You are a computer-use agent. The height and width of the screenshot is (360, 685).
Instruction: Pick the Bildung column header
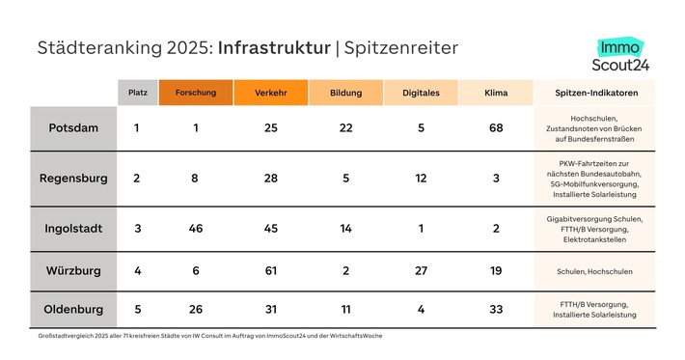(x=344, y=93)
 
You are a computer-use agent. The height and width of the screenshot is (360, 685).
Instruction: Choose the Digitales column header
(x=420, y=93)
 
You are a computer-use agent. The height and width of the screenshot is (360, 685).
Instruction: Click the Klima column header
(x=496, y=93)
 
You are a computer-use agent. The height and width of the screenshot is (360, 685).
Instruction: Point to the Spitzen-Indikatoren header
(x=595, y=93)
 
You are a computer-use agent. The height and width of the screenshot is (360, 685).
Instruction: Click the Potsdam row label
(x=73, y=128)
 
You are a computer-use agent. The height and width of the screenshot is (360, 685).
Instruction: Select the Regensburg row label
(x=73, y=179)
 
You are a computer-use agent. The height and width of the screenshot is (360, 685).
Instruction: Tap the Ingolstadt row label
(x=73, y=229)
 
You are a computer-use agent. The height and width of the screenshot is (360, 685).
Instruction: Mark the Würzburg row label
(x=73, y=271)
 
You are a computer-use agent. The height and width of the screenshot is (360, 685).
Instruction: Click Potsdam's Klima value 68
(x=496, y=128)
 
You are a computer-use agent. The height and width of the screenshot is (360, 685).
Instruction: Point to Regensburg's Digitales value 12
(x=421, y=179)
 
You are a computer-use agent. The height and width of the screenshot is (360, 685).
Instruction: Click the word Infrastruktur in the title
(x=274, y=47)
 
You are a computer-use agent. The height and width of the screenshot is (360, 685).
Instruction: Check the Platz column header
(x=137, y=93)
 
